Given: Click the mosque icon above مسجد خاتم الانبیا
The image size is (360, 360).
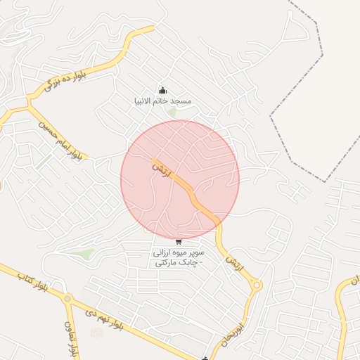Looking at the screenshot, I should click(x=163, y=90).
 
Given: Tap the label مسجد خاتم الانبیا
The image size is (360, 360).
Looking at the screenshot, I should click(x=163, y=101).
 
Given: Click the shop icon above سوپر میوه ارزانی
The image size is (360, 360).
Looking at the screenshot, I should click(x=179, y=242).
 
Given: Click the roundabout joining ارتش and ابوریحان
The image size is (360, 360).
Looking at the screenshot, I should click(x=256, y=285).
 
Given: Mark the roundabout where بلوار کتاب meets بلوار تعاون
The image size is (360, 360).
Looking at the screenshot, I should click(x=67, y=299).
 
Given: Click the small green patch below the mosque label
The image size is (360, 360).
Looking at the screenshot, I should click(x=172, y=112).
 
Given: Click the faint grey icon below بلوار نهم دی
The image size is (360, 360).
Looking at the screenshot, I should click(x=96, y=332).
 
